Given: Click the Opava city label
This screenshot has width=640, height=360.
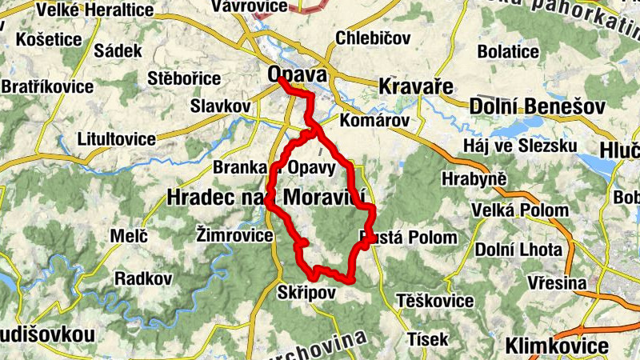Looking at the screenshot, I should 298,74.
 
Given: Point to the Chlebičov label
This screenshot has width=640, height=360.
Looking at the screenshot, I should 373,38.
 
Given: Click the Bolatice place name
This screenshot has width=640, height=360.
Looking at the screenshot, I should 508,51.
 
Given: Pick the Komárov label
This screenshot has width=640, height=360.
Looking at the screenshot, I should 374,121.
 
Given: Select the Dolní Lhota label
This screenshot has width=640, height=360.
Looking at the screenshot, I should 518,249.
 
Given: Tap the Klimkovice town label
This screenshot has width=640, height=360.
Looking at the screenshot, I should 556,346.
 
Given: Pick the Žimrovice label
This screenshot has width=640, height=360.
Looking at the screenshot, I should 232,234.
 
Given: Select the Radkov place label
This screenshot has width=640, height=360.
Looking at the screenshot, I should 144,278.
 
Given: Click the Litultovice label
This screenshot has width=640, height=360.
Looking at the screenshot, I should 117,138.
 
